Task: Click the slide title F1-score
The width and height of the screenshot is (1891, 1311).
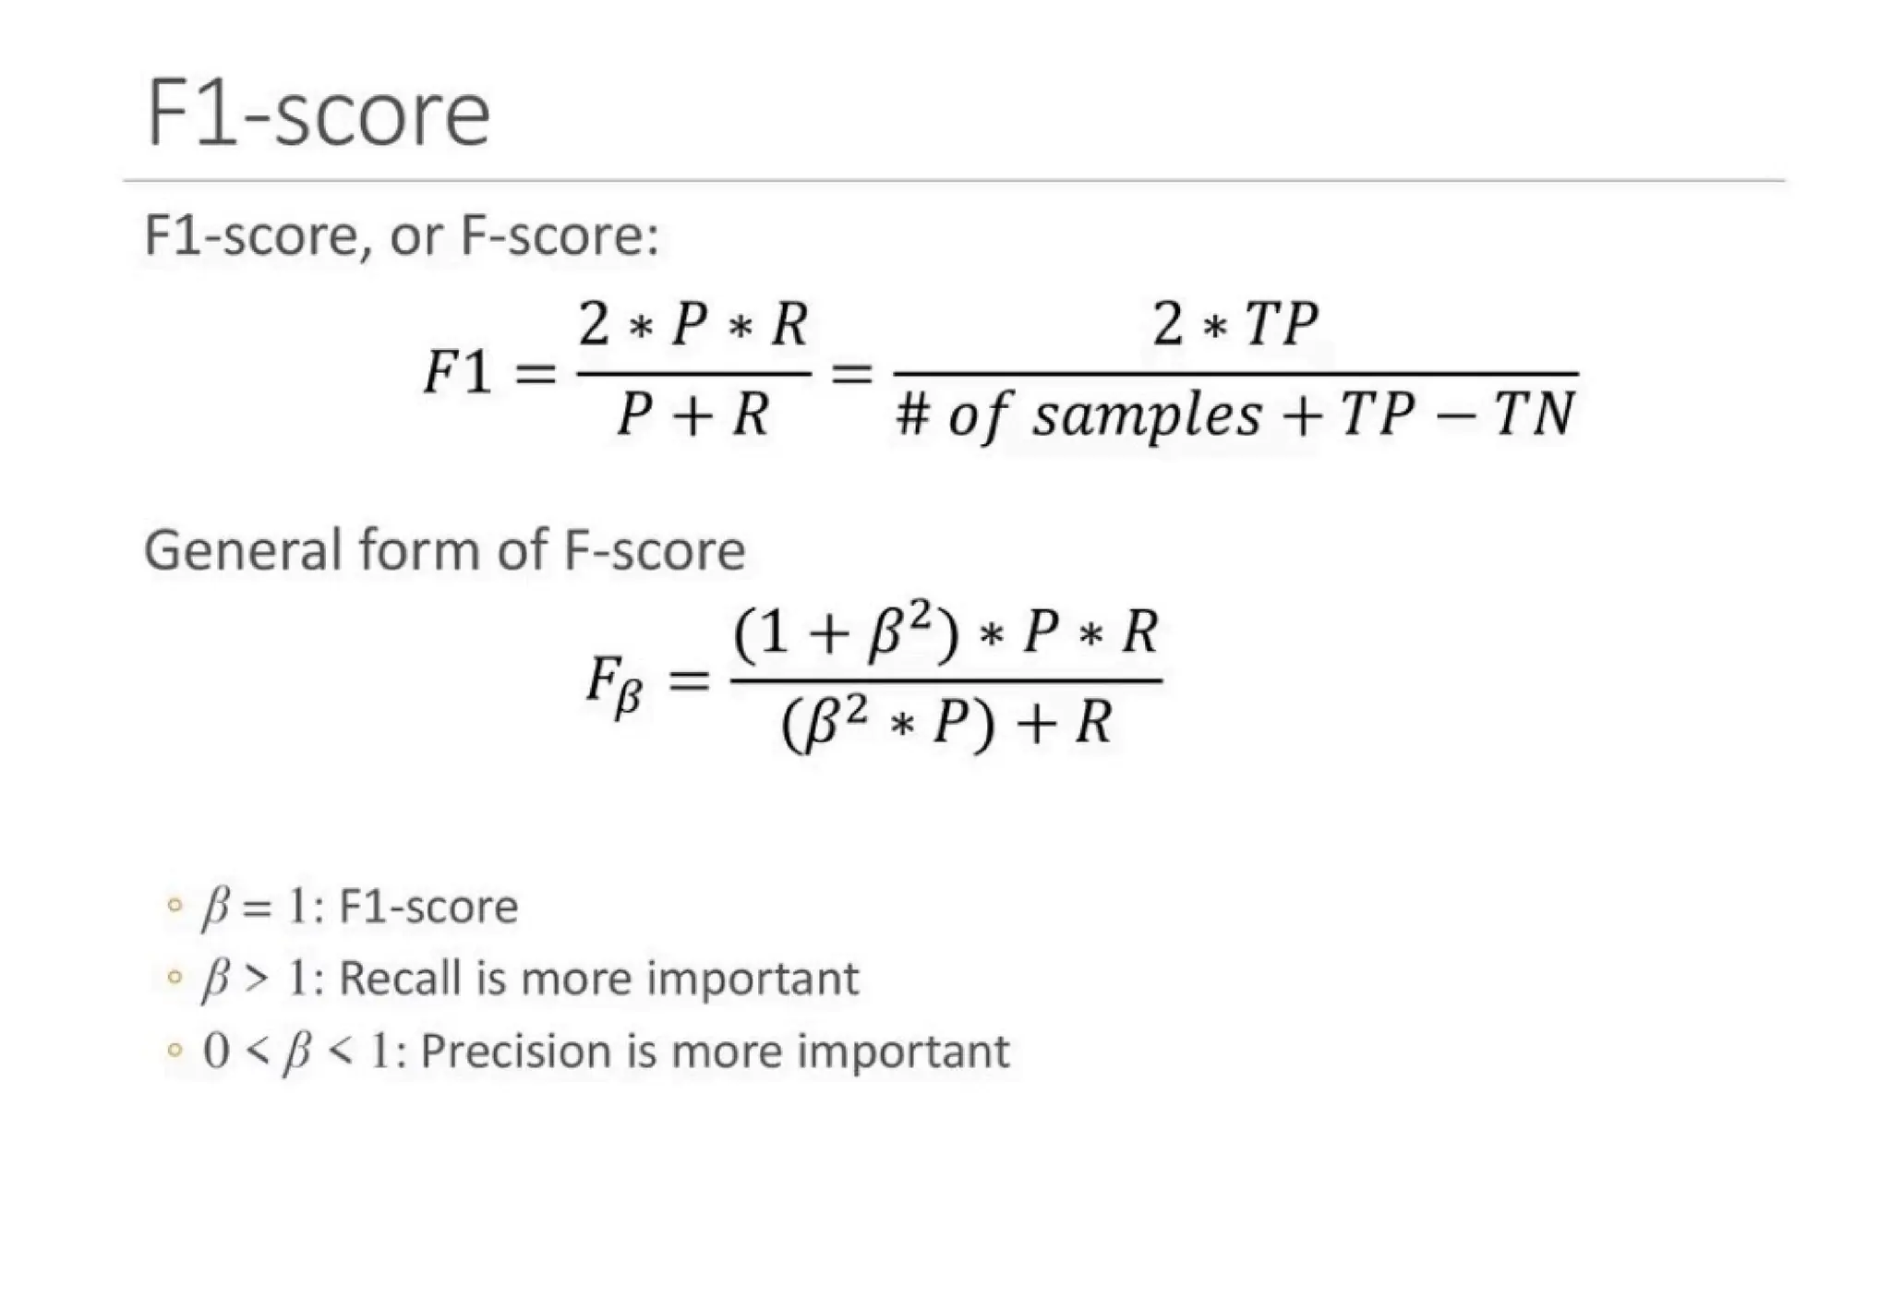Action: pyautogui.click(x=318, y=114)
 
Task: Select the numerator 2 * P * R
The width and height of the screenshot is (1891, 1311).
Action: pyautogui.click(x=693, y=325)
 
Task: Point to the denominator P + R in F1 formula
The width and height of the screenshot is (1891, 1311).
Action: pyautogui.click(x=693, y=415)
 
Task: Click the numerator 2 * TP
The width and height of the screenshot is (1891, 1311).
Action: pyautogui.click(x=1235, y=325)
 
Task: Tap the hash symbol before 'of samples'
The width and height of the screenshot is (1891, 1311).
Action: pyautogui.click(x=912, y=415)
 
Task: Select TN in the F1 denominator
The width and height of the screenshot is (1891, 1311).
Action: pyautogui.click(x=1534, y=415)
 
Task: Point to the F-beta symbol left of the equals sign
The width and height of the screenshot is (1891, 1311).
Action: pyautogui.click(x=614, y=687)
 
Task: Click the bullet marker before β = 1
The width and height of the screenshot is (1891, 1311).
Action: pyautogui.click(x=174, y=905)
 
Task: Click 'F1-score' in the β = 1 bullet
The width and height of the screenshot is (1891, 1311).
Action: pyautogui.click(x=428, y=907)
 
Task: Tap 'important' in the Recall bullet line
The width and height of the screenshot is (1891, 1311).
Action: pyautogui.click(x=753, y=979)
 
